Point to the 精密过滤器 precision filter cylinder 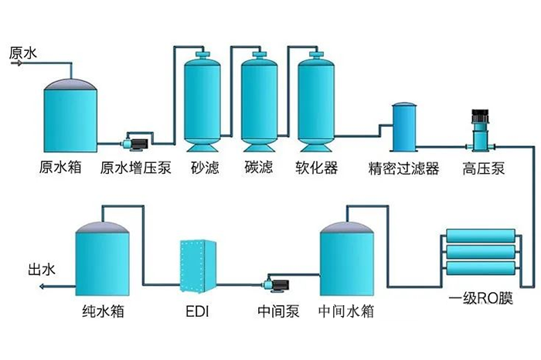click(403, 128)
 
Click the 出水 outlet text click(42, 270)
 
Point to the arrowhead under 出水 click(42, 287)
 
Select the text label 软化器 click(316, 168)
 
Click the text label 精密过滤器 click(403, 168)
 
